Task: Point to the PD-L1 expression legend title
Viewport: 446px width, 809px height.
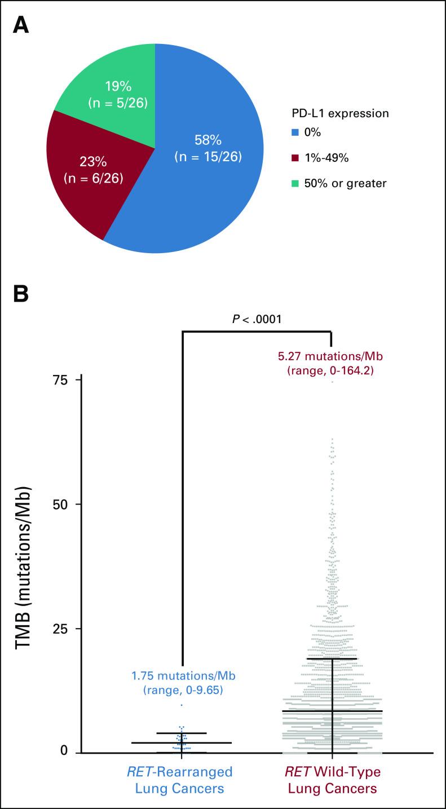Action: tap(337, 113)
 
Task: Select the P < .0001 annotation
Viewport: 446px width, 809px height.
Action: tap(257, 320)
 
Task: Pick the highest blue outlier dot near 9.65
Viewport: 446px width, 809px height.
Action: tap(182, 705)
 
